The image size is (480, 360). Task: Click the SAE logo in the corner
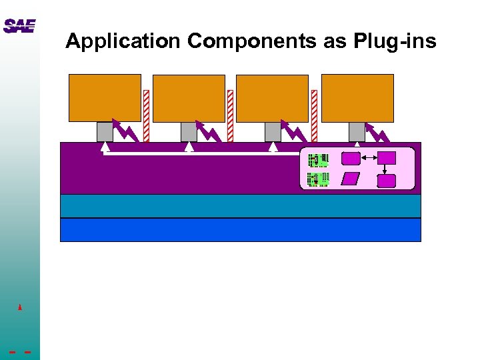19,26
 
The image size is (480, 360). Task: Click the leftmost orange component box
105,98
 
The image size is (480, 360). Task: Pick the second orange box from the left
189,98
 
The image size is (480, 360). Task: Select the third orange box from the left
272,98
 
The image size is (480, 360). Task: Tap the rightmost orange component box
357,98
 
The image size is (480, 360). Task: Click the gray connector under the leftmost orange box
105,131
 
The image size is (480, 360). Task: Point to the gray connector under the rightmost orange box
357,131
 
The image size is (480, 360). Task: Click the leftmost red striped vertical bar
146,116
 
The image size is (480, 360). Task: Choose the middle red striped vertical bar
230,116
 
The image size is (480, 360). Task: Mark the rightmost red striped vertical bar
314,116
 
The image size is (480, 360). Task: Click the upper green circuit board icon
317,160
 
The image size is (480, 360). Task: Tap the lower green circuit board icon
317,179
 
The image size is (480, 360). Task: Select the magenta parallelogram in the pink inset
350,179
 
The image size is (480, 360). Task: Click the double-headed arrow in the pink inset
369,158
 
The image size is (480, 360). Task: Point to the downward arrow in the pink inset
385,169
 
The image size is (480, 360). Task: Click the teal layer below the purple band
241,206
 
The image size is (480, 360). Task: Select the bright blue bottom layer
241,229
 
